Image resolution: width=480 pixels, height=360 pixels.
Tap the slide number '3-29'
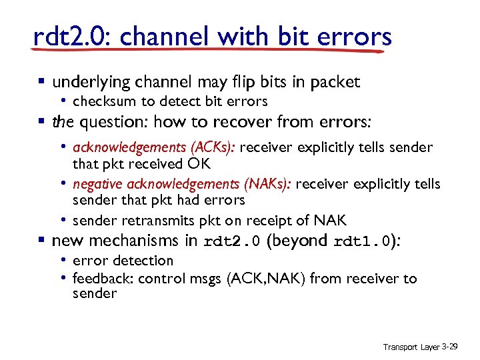click(x=451, y=347)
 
